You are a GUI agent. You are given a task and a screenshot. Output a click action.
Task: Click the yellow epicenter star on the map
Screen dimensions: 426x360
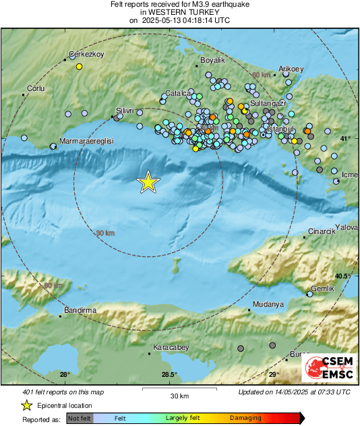[148, 182]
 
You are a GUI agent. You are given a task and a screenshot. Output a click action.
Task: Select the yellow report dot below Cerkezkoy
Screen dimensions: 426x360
[79, 67]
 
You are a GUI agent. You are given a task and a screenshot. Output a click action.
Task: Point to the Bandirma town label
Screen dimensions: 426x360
[81, 310]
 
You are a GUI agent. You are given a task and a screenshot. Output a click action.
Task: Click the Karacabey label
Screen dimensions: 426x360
[171, 347]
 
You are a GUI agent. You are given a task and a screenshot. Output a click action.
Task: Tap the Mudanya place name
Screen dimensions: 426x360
[268, 305]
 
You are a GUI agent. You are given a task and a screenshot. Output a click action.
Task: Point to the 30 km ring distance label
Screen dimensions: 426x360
[105, 233]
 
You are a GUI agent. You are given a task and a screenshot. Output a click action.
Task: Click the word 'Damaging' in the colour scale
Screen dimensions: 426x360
[245, 419]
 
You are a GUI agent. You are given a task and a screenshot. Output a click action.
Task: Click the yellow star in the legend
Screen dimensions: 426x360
[26, 406]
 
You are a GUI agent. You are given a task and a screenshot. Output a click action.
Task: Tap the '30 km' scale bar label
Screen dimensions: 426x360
[179, 395]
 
